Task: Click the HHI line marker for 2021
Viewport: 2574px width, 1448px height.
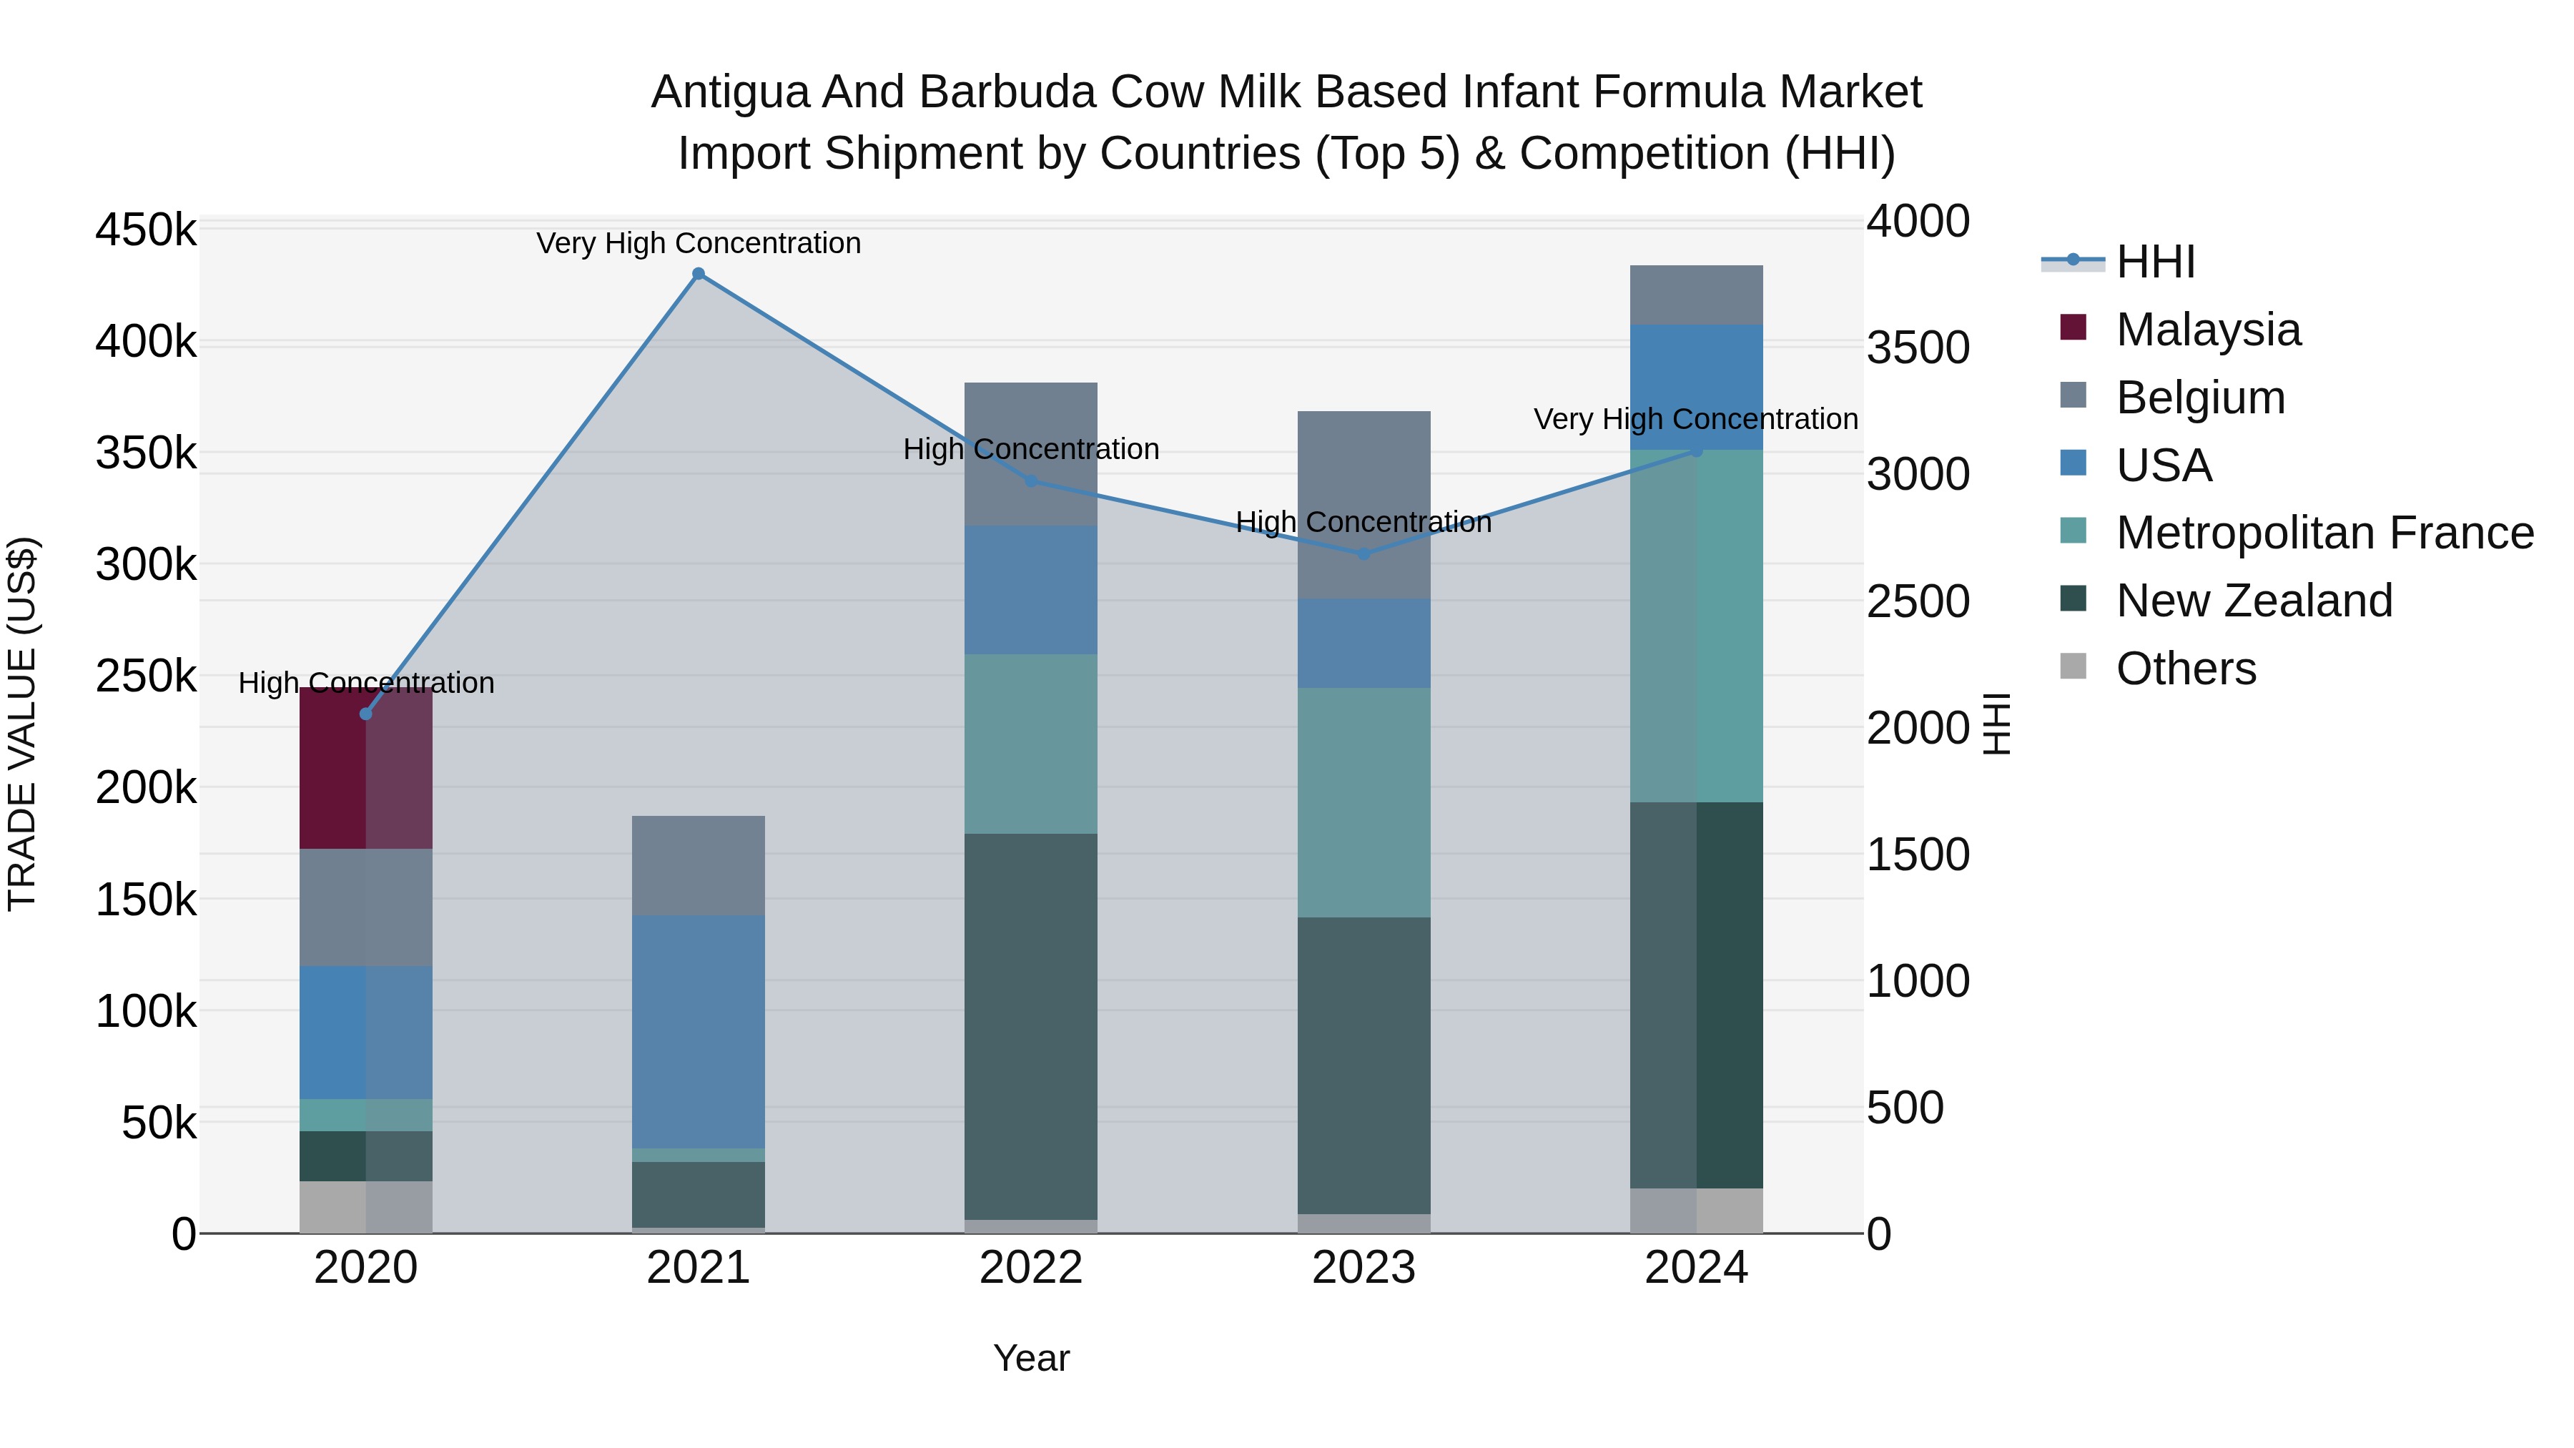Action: (699, 274)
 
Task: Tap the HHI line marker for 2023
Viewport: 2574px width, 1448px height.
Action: (1364, 553)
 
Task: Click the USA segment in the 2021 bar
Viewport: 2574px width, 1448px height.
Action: (699, 1031)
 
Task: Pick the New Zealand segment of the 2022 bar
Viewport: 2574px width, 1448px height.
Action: (1031, 1026)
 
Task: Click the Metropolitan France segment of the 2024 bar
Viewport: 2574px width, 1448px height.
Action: (1697, 626)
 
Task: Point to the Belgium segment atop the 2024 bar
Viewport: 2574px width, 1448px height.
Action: (1697, 295)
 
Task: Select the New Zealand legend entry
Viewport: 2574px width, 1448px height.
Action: (2253, 601)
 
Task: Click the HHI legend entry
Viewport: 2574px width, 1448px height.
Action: (2155, 262)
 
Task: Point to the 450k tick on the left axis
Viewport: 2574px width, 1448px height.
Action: (146, 230)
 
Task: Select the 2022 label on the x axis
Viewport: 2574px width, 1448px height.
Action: (1031, 1268)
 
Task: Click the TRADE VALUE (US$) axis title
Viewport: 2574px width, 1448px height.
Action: (23, 724)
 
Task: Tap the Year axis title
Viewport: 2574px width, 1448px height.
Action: (1031, 1358)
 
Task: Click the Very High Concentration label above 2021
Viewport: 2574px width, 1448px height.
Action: (699, 243)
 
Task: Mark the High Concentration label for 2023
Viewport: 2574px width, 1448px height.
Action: (1364, 522)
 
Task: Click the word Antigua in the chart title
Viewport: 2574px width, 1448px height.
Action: (729, 92)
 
